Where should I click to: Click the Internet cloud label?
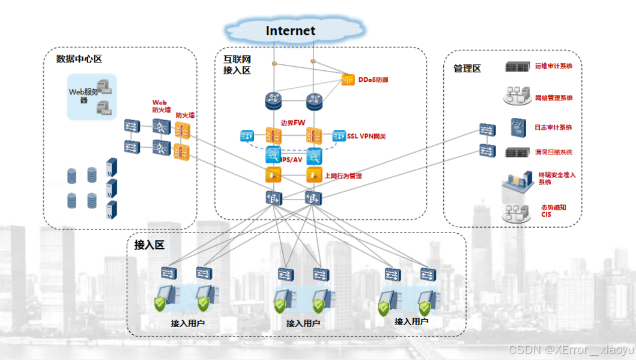291,31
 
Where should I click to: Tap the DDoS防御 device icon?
348,79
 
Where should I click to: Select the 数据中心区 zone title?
79,59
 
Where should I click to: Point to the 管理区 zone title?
467,69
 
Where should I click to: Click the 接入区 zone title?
149,245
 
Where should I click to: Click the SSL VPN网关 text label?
366,136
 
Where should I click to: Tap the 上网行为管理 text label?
343,176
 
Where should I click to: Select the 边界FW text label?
293,123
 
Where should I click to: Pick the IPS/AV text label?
292,159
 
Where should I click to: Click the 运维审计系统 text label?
554,66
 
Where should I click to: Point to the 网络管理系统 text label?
554,97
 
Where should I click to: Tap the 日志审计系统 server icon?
518,127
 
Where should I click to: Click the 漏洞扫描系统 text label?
554,152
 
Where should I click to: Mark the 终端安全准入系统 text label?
557,178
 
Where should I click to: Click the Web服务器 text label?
83,95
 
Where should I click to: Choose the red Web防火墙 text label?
160,106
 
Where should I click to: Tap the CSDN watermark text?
571,349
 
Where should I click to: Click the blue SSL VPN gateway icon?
339,135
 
